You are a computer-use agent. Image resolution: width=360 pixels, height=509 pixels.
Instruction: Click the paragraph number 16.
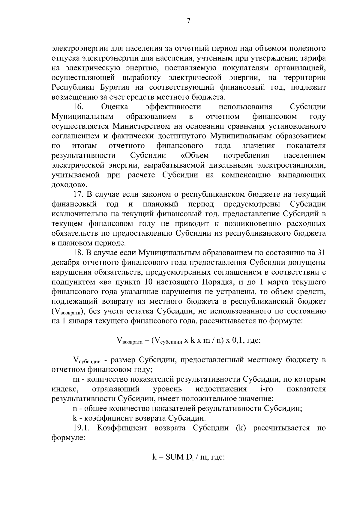pyautogui.click(x=78, y=107)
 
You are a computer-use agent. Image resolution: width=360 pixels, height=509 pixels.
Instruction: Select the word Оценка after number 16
pyautogui.click(x=115, y=107)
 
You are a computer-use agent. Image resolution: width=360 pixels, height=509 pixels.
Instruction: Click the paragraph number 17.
pyautogui.click(x=78, y=194)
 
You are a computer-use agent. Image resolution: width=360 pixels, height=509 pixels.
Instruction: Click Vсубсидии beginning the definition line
pyautogui.click(x=87, y=360)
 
